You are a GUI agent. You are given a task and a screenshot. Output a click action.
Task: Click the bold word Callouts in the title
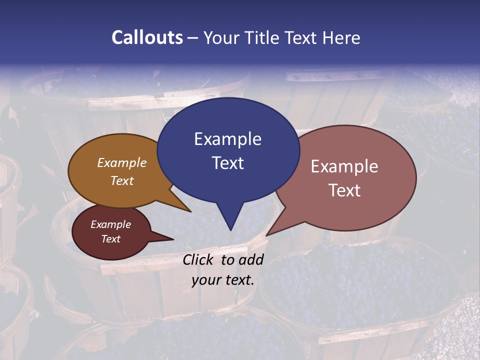(x=147, y=37)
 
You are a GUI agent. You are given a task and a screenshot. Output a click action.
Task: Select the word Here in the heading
(x=341, y=37)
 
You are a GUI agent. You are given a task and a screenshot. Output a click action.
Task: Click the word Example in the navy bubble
(x=227, y=138)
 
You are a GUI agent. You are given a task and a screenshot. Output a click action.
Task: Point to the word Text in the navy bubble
(x=227, y=162)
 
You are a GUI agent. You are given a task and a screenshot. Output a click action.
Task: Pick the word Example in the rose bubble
(x=344, y=166)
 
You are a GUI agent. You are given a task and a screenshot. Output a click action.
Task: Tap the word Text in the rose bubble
(x=344, y=190)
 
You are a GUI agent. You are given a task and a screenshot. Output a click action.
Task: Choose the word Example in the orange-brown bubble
(x=122, y=162)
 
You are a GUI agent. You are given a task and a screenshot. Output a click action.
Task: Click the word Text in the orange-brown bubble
(x=122, y=180)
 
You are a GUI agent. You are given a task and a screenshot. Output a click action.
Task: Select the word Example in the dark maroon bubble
(x=111, y=224)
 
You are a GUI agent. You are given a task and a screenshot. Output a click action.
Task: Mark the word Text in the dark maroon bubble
(x=111, y=239)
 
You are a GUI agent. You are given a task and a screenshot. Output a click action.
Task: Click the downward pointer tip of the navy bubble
(x=230, y=229)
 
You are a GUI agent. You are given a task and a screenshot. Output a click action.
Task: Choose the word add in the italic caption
(x=251, y=259)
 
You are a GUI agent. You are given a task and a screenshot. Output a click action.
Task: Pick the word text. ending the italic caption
(x=238, y=280)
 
